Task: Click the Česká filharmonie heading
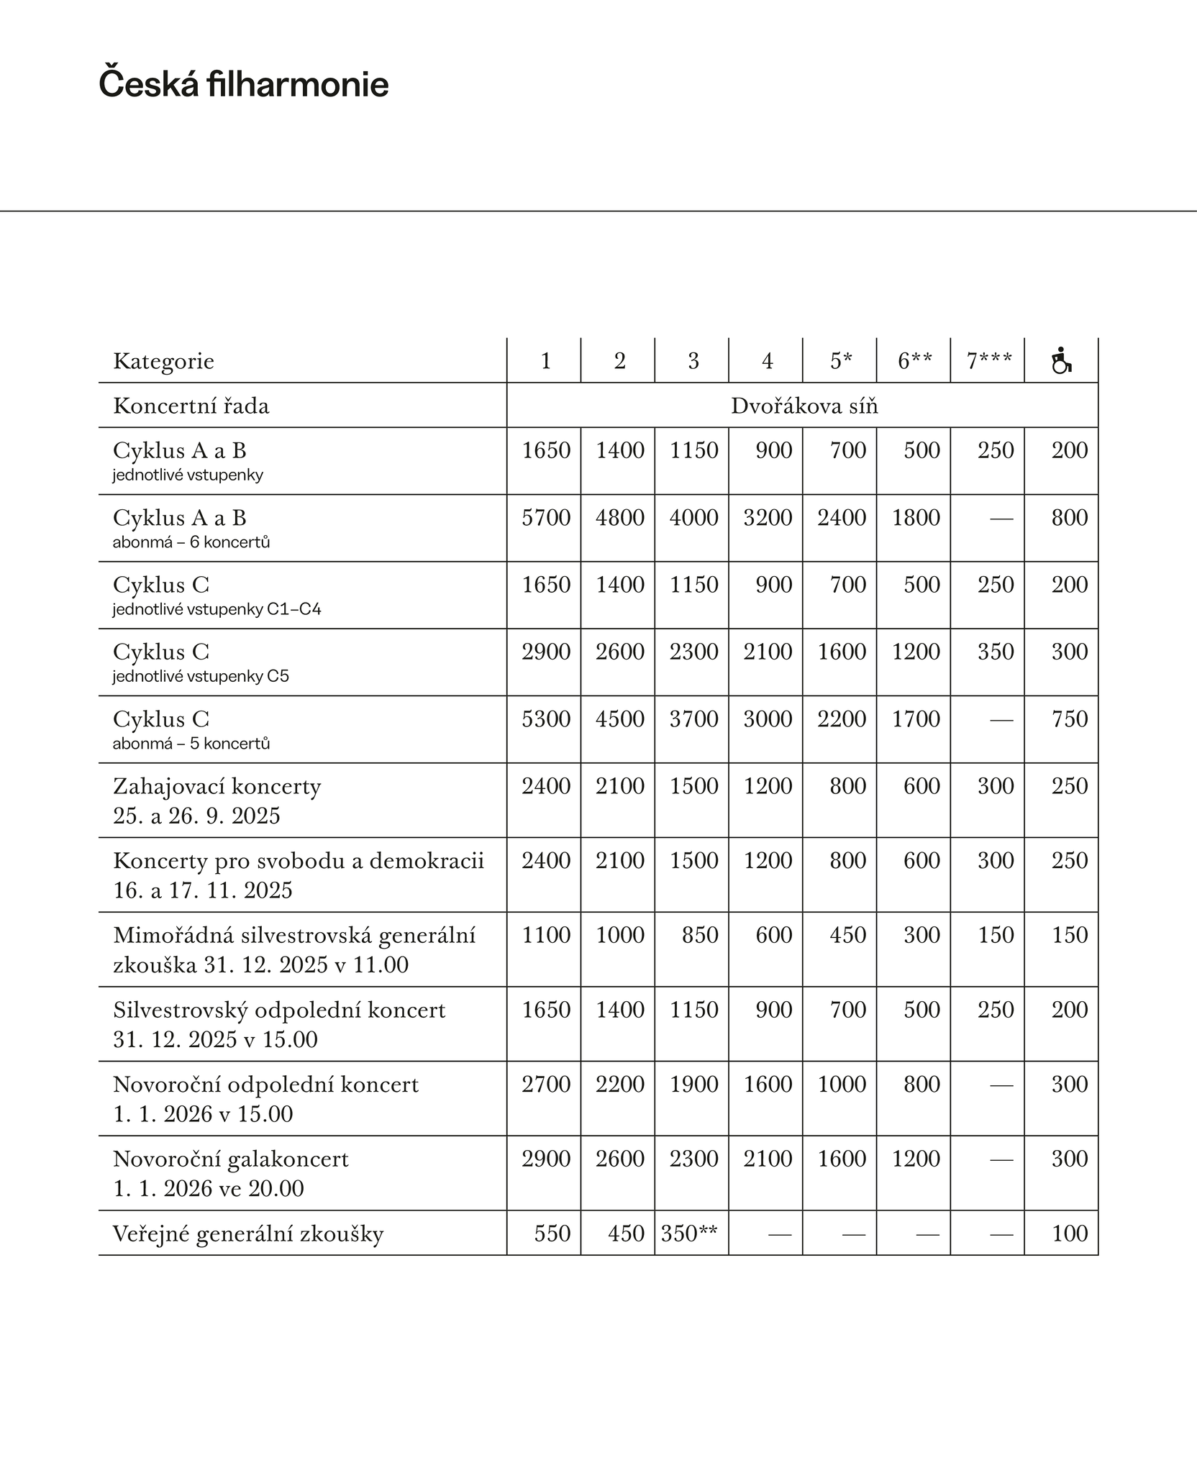coord(243,84)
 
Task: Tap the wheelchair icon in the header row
coord(1061,360)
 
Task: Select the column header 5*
coord(840,361)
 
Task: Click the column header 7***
coord(988,361)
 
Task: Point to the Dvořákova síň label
coord(804,406)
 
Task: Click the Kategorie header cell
coord(163,361)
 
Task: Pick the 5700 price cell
coord(546,518)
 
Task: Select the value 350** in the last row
coord(688,1233)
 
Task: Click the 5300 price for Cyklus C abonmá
coord(546,719)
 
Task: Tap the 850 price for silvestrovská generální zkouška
coord(700,935)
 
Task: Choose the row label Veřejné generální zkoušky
coord(248,1234)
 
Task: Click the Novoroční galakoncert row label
coord(230,1159)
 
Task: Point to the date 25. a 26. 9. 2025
coord(196,816)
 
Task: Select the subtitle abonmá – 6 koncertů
coord(191,542)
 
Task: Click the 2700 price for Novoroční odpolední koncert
coord(546,1085)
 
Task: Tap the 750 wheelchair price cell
coord(1069,719)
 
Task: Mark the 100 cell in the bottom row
coord(1069,1233)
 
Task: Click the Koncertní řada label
coord(191,406)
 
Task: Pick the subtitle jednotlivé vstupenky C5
coord(200,677)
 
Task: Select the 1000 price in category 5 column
coord(841,1085)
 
